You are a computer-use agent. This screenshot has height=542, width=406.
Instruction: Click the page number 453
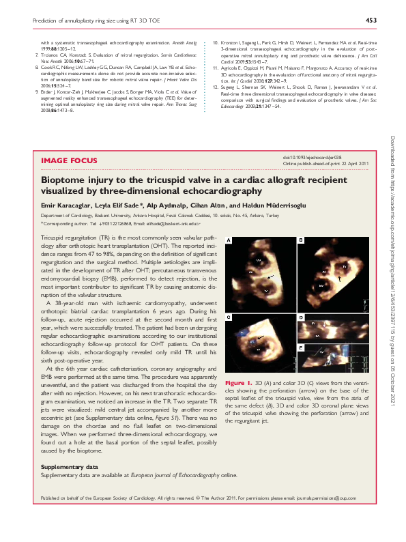coord(371,20)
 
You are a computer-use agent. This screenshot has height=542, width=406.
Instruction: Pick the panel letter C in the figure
coord(229,318)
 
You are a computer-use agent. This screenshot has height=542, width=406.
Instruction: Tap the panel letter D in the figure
coord(300,318)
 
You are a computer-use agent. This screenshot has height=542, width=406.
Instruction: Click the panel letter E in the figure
coord(300,348)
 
